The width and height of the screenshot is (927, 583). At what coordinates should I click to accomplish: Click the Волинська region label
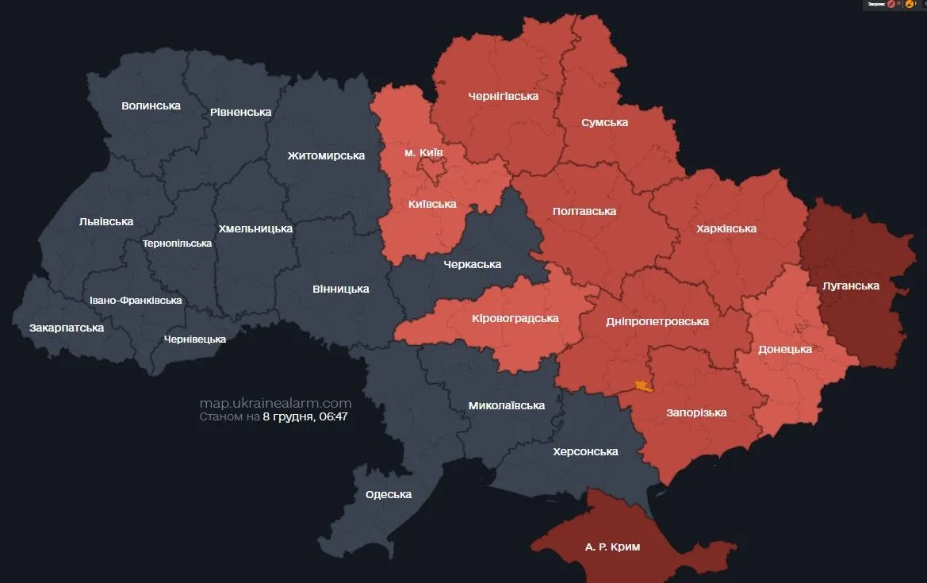click(x=151, y=105)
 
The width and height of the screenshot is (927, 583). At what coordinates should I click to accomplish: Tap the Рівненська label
click(x=241, y=112)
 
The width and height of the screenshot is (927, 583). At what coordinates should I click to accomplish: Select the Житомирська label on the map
click(x=326, y=155)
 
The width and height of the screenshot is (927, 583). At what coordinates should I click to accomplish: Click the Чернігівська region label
click(x=503, y=96)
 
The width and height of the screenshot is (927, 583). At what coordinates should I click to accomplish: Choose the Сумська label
click(x=604, y=122)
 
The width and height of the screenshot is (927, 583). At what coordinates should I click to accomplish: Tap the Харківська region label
click(x=726, y=228)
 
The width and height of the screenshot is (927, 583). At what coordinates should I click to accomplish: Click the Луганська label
click(x=850, y=286)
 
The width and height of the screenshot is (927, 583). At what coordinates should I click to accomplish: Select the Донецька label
click(x=784, y=349)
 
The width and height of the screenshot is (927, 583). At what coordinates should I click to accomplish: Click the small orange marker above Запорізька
click(x=642, y=386)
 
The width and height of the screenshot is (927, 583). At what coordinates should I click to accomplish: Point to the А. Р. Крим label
click(x=612, y=547)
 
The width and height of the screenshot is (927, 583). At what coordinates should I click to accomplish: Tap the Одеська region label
click(x=389, y=494)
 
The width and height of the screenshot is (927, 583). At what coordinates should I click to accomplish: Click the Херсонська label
click(x=585, y=451)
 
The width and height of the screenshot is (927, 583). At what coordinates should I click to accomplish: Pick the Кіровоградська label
click(x=515, y=318)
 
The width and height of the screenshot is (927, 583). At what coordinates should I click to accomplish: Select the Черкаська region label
click(x=472, y=264)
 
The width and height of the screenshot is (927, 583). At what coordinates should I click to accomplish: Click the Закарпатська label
click(x=67, y=327)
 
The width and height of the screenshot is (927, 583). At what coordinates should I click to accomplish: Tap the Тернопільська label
click(x=177, y=244)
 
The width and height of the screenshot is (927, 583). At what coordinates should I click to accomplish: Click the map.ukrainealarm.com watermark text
click(x=275, y=403)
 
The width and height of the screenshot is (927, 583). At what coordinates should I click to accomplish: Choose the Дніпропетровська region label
click(x=657, y=321)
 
